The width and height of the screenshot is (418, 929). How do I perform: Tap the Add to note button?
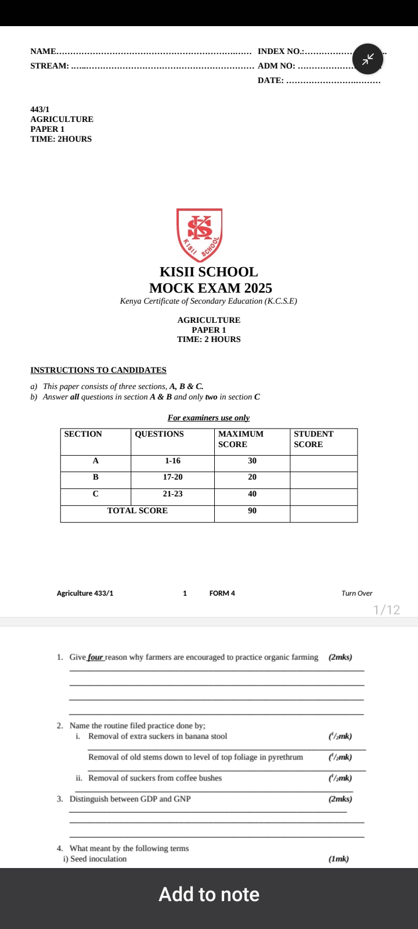pyautogui.click(x=209, y=894)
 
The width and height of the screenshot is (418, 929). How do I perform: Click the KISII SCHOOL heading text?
pyautogui.click(x=208, y=272)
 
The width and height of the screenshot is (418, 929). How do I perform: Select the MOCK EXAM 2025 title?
pyautogui.click(x=210, y=288)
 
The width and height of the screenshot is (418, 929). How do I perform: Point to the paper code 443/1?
pyautogui.click(x=40, y=109)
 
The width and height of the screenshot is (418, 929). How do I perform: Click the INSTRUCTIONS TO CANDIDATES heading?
pyautogui.click(x=98, y=370)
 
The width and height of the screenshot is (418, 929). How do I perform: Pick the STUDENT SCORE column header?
pyautogui.click(x=313, y=439)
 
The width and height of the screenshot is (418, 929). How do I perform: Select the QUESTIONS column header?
pyautogui.click(x=159, y=434)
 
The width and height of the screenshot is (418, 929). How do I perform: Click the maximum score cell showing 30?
pyautogui.click(x=252, y=460)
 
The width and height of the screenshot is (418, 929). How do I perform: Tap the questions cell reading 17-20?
pyautogui.click(x=172, y=477)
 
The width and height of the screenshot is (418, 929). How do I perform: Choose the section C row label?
pyautogui.click(x=96, y=494)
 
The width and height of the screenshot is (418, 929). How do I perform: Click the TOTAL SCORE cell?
pyautogui.click(x=138, y=510)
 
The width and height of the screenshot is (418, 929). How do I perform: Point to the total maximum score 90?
pyautogui.click(x=252, y=510)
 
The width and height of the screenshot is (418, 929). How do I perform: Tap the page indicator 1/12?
pyautogui.click(x=387, y=610)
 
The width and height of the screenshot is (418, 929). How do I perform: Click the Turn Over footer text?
pyautogui.click(x=357, y=593)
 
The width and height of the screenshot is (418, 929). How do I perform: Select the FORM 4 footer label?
pyautogui.click(x=222, y=593)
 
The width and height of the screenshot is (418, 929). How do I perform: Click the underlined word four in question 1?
pyautogui.click(x=96, y=657)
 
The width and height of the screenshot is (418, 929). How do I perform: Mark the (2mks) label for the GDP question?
pyautogui.click(x=340, y=799)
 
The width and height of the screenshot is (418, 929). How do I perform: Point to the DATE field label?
pyautogui.click(x=271, y=80)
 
